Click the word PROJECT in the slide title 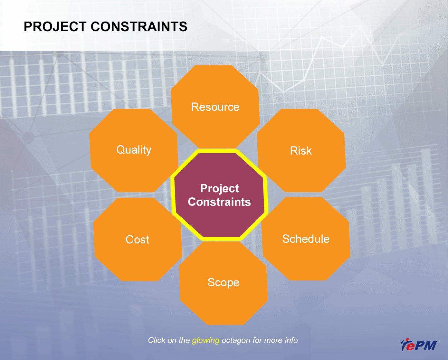pos(55,27)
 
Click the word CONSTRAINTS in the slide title pos(139,27)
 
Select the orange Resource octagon pos(215,107)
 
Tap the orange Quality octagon pos(134,150)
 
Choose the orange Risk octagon pos(301,150)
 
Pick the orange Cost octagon pos(138,239)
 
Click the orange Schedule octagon pos(306,239)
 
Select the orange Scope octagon pos(224,283)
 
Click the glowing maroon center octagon pos(219,195)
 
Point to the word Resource pos(215,107)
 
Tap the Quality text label pos(134,150)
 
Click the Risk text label pos(301,151)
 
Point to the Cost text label pos(138,240)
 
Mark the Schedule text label pos(306,239)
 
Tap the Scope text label pos(224,283)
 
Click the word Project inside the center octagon pos(219,189)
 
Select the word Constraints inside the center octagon pos(219,202)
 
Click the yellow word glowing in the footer pos(206,340)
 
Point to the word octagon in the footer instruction pos(236,340)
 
